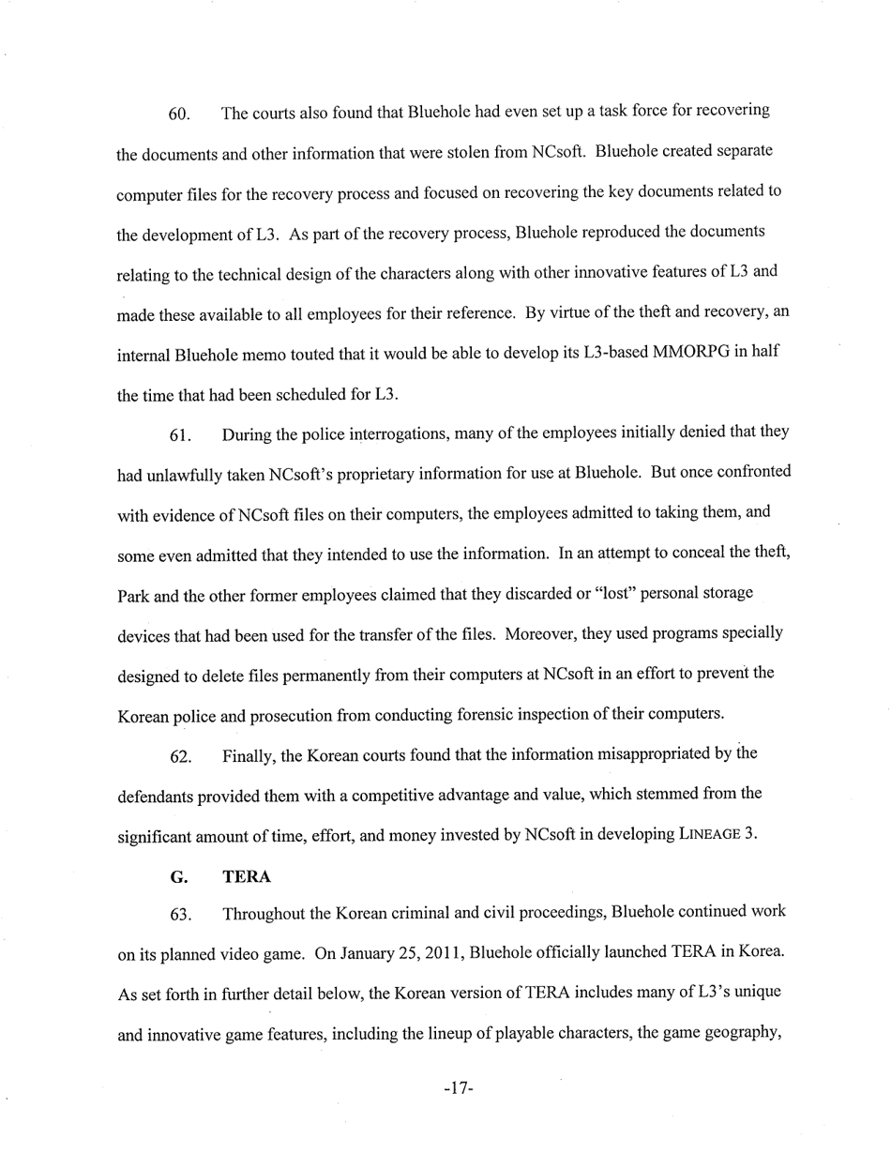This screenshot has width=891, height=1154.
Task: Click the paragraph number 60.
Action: pos(179,114)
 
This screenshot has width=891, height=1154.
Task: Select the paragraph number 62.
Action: pos(180,757)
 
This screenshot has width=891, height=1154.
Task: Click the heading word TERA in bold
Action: pos(247,877)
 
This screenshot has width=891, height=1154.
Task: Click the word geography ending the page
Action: pos(740,1035)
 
